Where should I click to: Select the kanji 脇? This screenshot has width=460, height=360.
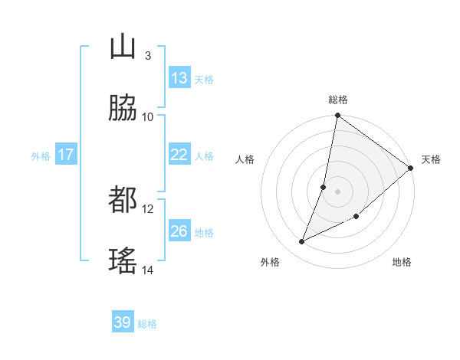pyautogui.click(x=123, y=109)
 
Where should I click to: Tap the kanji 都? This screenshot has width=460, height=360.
pyautogui.click(x=123, y=201)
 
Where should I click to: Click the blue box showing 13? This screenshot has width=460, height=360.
pyautogui.click(x=179, y=78)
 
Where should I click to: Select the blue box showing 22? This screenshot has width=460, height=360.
pyautogui.click(x=179, y=155)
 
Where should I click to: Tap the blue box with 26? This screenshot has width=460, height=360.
pyautogui.click(x=179, y=231)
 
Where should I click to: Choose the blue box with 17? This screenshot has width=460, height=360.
pyautogui.click(x=66, y=155)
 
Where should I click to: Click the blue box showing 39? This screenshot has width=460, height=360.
pyautogui.click(x=123, y=322)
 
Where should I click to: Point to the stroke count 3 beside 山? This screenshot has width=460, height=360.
pyautogui.click(x=147, y=55)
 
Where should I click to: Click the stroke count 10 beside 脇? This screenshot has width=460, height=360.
pyautogui.click(x=148, y=116)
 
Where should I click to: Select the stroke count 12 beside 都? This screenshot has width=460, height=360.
pyautogui.click(x=148, y=208)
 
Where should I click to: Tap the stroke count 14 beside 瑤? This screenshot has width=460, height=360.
pyautogui.click(x=148, y=270)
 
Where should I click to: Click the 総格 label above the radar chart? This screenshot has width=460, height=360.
pyautogui.click(x=338, y=100)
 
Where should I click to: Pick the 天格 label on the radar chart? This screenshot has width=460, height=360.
pyautogui.click(x=431, y=159)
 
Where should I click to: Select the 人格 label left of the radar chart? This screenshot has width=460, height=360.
pyautogui.click(x=245, y=159)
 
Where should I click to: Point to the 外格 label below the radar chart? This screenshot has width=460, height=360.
pyautogui.click(x=270, y=262)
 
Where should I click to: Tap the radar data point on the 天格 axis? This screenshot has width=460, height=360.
pyautogui.click(x=411, y=168)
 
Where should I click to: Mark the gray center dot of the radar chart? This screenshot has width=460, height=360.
pyautogui.click(x=338, y=191)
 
